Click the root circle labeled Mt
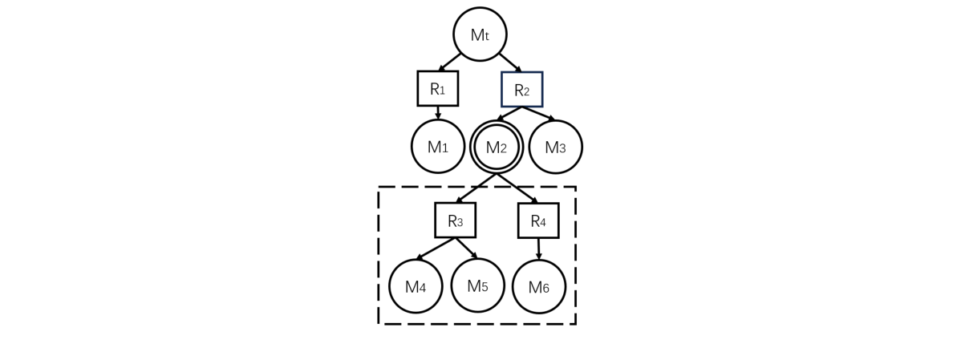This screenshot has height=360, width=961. point(480,34)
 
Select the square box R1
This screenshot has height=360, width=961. point(437,88)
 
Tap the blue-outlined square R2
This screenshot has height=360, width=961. point(521,89)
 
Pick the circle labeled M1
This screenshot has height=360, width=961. point(438,146)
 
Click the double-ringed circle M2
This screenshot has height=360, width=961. point(497,147)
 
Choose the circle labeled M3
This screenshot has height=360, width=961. point(555,147)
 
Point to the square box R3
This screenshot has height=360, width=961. point(455,220)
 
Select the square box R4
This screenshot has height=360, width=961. point(537,220)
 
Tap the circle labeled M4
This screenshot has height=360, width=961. point(416,286)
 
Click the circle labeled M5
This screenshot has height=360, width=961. point(477,285)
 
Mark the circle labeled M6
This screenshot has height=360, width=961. point(538,287)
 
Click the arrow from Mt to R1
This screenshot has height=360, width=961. point(450,63)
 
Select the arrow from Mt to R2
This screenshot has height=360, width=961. point(510,63)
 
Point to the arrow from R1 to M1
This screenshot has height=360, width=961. point(438,113)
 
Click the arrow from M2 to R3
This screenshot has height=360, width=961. point(476,188)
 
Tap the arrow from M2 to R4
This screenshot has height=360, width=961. point(517,188)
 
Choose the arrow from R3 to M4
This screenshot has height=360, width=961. point(436,249)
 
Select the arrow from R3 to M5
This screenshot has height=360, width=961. point(466,248)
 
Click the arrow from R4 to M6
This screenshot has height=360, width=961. point(538,249)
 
